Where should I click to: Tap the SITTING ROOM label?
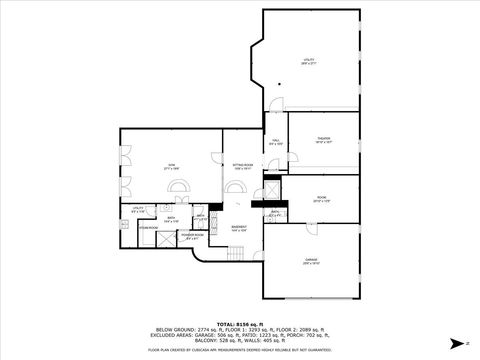243,166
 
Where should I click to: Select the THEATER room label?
323,140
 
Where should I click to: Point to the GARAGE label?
311,261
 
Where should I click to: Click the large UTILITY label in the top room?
309,62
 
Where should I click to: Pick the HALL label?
275,142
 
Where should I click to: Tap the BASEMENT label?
240,228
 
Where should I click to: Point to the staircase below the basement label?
237,255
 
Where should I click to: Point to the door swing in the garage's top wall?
312,229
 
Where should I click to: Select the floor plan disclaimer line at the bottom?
239,349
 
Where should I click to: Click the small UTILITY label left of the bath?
138,210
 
